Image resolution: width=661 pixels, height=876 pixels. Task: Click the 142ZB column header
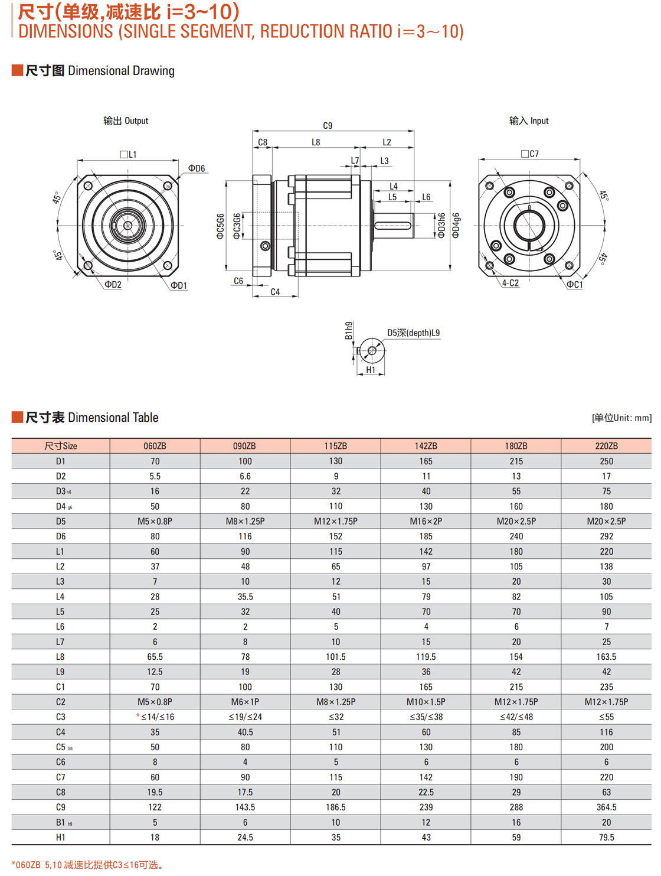click(x=426, y=446)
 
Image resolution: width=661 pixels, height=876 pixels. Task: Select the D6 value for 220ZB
click(x=606, y=536)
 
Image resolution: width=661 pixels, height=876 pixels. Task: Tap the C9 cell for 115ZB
click(x=335, y=807)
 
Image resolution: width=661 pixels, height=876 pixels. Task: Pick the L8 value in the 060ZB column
click(x=155, y=657)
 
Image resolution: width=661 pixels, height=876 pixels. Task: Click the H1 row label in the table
click(x=60, y=837)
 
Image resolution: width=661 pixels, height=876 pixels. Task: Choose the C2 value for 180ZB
click(x=516, y=702)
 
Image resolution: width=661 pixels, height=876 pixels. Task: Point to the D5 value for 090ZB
click(x=245, y=522)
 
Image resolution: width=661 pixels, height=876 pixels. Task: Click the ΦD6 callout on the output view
click(x=197, y=169)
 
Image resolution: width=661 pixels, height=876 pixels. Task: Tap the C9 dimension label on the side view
click(x=328, y=126)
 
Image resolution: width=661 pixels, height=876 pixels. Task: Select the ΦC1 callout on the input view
click(x=574, y=285)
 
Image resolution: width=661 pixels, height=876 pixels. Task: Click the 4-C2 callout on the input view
click(x=511, y=284)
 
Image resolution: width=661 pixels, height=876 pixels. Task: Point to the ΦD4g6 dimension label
click(x=456, y=226)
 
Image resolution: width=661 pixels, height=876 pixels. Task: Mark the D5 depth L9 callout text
click(x=413, y=333)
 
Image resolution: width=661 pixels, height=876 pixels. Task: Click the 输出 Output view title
click(x=126, y=121)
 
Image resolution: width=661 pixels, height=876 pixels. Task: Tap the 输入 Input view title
click(x=529, y=121)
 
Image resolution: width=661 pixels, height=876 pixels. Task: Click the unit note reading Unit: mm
click(x=621, y=418)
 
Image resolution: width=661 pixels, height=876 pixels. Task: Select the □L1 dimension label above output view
click(x=128, y=155)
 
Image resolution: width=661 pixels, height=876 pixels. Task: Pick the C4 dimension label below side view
click(x=275, y=292)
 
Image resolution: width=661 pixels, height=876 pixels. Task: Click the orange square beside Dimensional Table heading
click(x=17, y=418)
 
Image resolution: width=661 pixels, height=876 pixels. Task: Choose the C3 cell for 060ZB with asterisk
click(x=155, y=717)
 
